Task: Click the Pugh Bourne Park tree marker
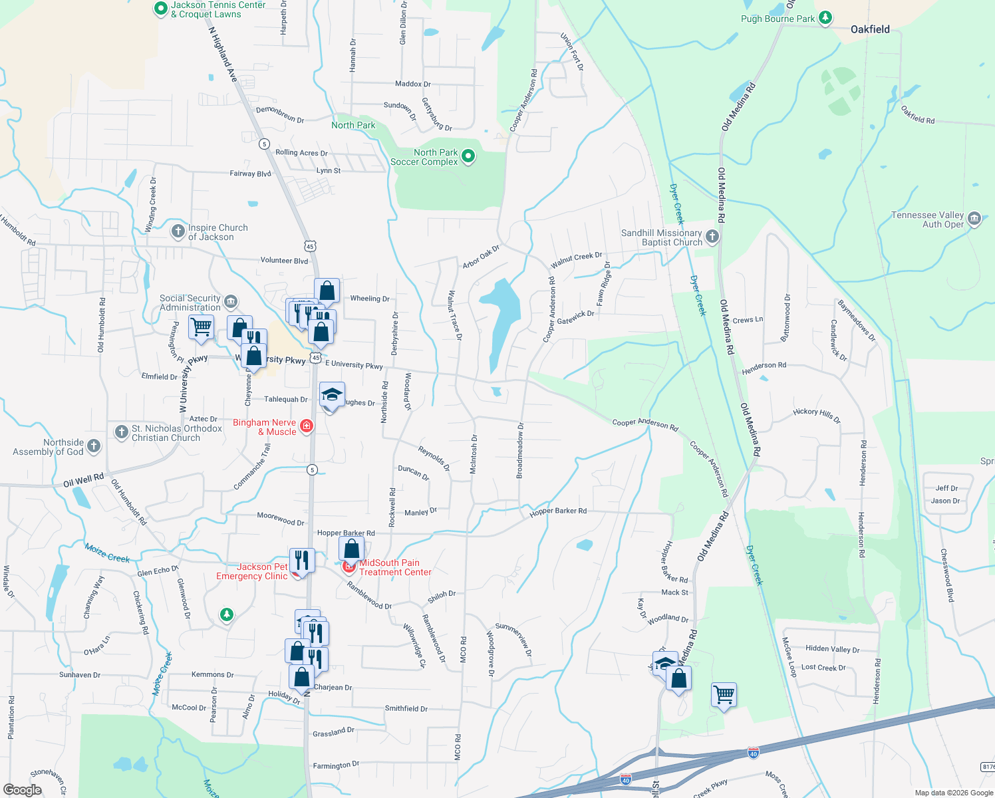click(825, 18)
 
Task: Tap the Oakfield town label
click(870, 29)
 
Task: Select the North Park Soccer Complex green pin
click(468, 156)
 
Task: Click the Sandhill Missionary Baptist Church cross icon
click(712, 236)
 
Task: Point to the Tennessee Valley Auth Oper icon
click(974, 219)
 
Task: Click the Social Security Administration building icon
click(231, 302)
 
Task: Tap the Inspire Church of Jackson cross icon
click(178, 231)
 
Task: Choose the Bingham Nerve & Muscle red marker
click(307, 426)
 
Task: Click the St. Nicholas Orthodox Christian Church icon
click(121, 432)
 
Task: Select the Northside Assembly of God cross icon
click(94, 446)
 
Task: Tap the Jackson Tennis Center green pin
click(160, 9)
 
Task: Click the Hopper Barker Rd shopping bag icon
click(351, 549)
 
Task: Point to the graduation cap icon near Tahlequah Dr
click(332, 395)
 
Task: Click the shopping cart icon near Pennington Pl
click(201, 327)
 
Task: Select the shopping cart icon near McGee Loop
click(724, 695)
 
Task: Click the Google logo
click(22, 789)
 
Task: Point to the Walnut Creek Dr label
click(576, 260)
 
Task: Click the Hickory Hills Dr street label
click(817, 416)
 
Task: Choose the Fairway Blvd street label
click(250, 174)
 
